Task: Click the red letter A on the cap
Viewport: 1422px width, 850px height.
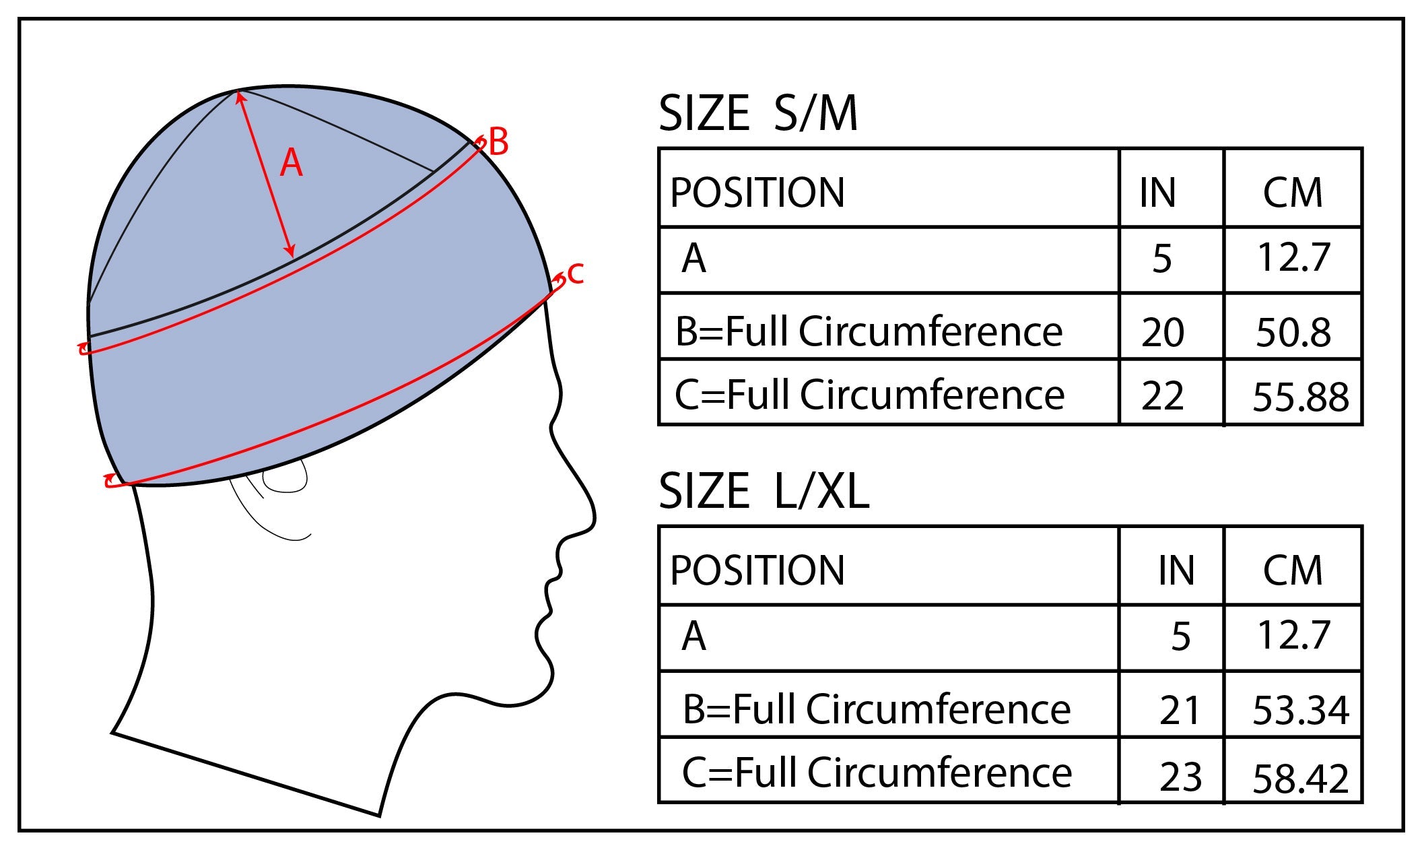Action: (x=291, y=164)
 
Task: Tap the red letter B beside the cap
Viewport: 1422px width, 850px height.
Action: (x=498, y=143)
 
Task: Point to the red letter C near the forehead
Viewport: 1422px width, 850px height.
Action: (x=574, y=273)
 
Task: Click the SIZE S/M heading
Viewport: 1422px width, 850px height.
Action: (x=758, y=114)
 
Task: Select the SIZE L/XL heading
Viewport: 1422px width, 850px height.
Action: (x=764, y=491)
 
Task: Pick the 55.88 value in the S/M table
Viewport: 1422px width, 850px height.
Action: (x=1300, y=397)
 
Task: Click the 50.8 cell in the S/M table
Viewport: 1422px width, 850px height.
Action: (x=1293, y=333)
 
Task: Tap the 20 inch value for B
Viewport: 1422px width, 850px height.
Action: (x=1162, y=333)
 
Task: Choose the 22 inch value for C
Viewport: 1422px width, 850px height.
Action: (x=1162, y=396)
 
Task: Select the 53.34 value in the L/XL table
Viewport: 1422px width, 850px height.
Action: (x=1300, y=711)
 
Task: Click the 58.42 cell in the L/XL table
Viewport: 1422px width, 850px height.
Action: (x=1300, y=779)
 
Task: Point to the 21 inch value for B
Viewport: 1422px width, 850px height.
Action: (x=1180, y=711)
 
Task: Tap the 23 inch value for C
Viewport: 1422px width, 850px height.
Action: (x=1180, y=777)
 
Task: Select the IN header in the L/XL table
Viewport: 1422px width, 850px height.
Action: (x=1176, y=571)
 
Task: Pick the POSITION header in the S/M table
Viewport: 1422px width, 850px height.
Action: (x=757, y=193)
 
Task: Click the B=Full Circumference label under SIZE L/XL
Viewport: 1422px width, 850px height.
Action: (x=876, y=709)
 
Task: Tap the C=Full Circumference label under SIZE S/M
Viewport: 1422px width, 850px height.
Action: (x=869, y=395)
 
